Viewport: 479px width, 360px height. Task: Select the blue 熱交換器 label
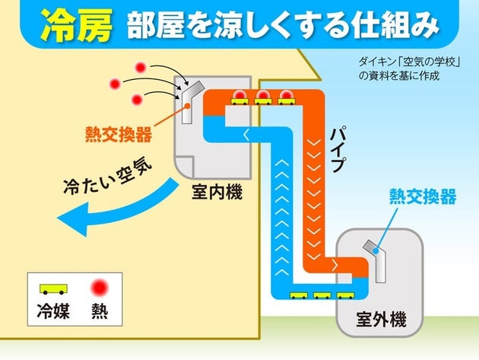click(423, 197)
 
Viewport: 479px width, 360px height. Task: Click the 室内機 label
click(215, 193)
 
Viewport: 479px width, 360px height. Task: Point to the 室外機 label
click(380, 320)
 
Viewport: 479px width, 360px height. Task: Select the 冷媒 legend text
click(52, 311)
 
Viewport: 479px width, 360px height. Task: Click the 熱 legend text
click(99, 311)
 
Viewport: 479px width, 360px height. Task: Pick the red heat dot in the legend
click(99, 289)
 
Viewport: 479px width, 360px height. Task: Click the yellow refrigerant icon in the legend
click(52, 290)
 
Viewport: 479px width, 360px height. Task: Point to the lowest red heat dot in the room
click(137, 100)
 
